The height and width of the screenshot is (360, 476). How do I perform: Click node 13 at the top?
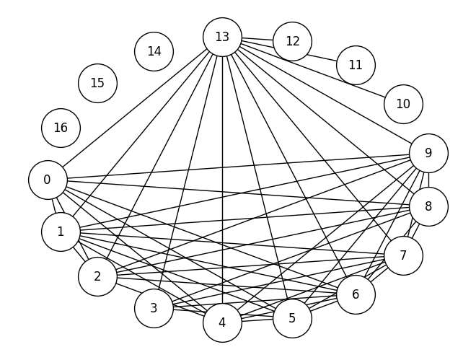[222, 37]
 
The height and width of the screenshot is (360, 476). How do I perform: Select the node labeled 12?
[292, 41]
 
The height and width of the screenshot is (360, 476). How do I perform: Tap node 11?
[356, 65]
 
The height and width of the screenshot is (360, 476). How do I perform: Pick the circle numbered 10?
[403, 104]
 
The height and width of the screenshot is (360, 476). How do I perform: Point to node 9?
[428, 153]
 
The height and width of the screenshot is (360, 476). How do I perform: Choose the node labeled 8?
[428, 206]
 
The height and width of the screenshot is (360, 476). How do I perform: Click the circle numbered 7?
[403, 255]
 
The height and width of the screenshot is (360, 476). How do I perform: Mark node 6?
[356, 294]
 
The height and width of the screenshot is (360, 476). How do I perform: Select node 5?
[292, 318]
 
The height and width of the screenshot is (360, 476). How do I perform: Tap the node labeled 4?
[222, 322]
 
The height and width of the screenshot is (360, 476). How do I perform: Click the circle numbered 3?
[154, 308]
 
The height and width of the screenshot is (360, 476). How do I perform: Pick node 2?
[97, 276]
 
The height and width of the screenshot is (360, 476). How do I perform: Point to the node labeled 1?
[61, 232]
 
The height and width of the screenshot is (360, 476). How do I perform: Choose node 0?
[48, 180]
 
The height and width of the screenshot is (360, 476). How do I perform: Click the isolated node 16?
[61, 128]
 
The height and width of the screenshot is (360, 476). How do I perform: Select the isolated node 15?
[97, 83]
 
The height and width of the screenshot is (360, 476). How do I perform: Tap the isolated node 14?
[154, 51]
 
